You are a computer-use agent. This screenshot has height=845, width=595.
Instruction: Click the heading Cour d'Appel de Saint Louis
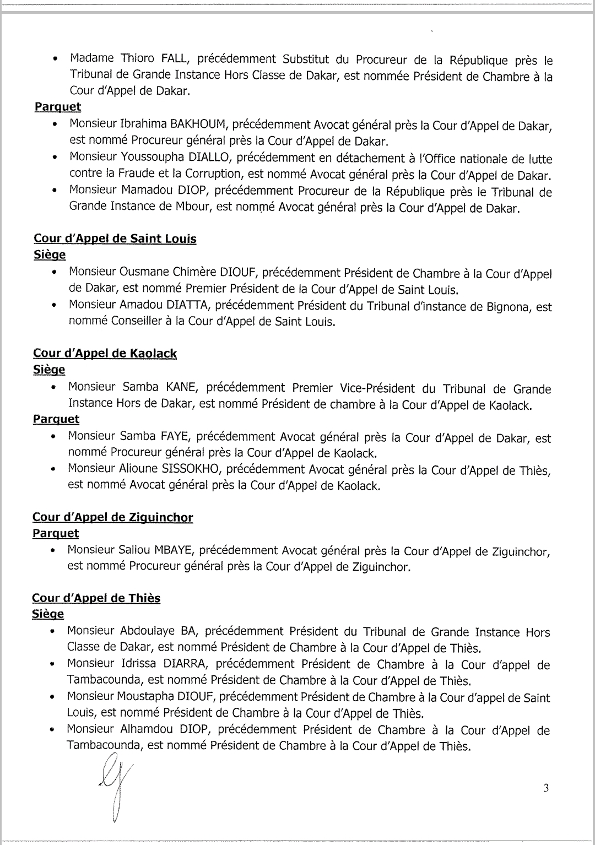[x=115, y=239]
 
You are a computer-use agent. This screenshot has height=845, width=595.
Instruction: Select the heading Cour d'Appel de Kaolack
[x=105, y=353]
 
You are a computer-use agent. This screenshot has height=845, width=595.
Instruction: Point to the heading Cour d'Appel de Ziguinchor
[x=113, y=517]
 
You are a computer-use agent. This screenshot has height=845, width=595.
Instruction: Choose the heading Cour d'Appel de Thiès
[x=96, y=598]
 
